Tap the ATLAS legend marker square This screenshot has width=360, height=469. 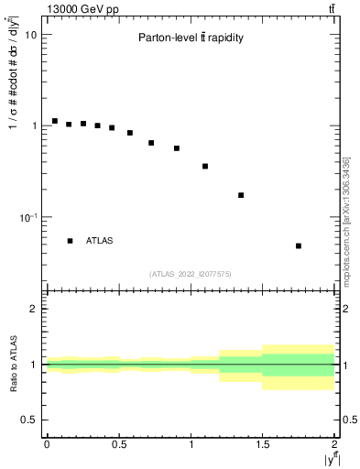click(70, 241)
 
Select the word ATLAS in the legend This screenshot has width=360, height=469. click(100, 241)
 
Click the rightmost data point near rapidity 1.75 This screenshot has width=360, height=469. click(299, 245)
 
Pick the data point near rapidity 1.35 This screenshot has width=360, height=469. click(241, 195)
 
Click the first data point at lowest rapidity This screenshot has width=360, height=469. click(55, 121)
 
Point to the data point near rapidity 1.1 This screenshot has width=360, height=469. click(205, 166)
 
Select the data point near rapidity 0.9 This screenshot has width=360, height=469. click(177, 147)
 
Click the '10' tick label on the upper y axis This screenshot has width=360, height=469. click(31, 35)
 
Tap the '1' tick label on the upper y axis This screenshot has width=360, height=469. click(34, 125)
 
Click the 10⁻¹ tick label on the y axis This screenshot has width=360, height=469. click(29, 216)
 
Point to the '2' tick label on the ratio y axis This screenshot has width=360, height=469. click(34, 310)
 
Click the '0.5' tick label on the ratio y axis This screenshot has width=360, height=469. click(29, 420)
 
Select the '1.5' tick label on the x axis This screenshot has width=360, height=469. click(263, 444)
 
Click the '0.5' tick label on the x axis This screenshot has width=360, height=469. click(118, 444)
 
